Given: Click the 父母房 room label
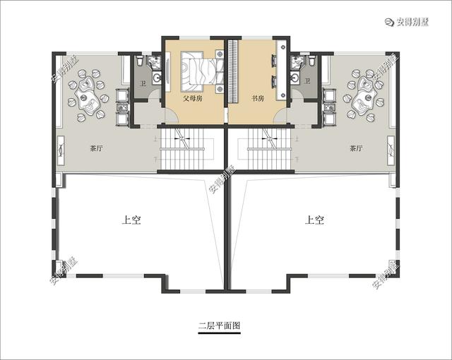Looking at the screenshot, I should pyautogui.click(x=193, y=99).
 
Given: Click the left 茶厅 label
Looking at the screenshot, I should pyautogui.click(x=97, y=149).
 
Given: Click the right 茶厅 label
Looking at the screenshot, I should pyautogui.click(x=355, y=149).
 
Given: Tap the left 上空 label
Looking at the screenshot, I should pyautogui.click(x=131, y=220).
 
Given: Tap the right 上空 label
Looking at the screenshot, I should pyautogui.click(x=315, y=220).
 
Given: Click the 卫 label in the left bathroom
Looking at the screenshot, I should pyautogui.click(x=143, y=83).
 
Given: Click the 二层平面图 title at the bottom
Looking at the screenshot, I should pyautogui.click(x=220, y=326).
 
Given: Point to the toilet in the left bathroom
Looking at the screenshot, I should pyautogui.click(x=141, y=63).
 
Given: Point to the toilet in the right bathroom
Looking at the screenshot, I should pyautogui.click(x=311, y=63).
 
